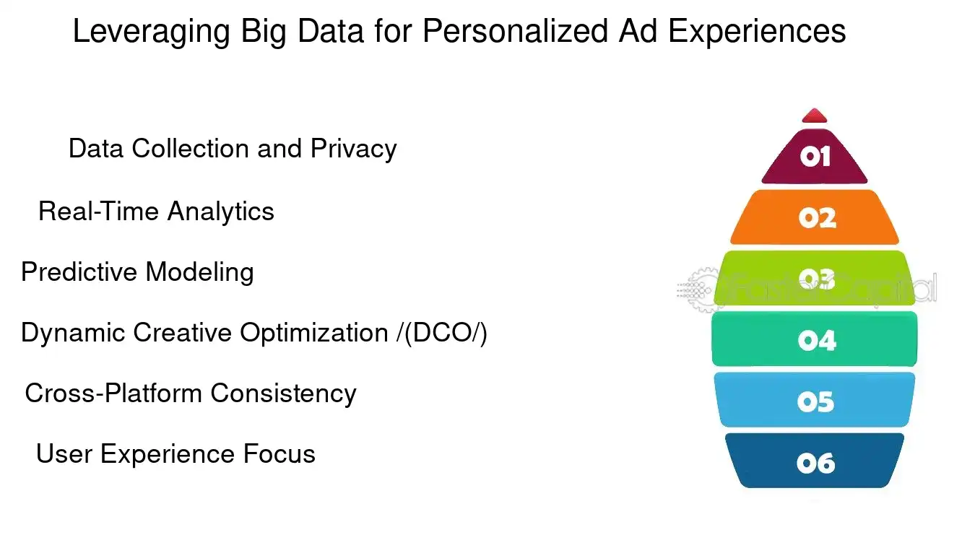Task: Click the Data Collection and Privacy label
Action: click(232, 149)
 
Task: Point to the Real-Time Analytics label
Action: click(156, 212)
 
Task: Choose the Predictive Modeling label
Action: click(137, 272)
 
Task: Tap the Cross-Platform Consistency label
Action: click(191, 393)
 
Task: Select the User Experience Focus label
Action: click(175, 454)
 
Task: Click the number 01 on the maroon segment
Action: click(815, 156)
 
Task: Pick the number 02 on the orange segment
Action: click(817, 217)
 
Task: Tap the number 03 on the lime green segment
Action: click(816, 279)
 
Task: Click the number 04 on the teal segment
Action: click(817, 339)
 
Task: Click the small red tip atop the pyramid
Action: click(815, 116)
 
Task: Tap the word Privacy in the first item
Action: click(354, 149)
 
